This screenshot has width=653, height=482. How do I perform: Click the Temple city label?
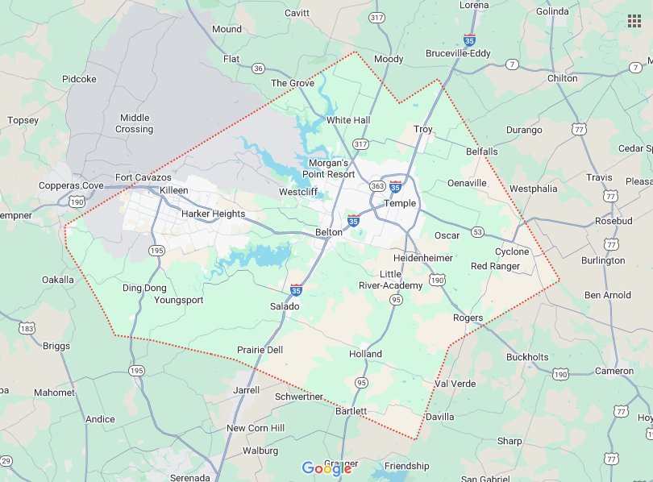coord(400,203)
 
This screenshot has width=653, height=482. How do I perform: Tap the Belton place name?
coord(328,232)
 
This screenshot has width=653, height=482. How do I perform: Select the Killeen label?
coord(174,189)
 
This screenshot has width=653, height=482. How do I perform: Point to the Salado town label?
coord(285,306)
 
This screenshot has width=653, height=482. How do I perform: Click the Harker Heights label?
coord(213,214)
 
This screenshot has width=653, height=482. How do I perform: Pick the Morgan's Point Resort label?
coord(328,168)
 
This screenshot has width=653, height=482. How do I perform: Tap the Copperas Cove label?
coord(71,185)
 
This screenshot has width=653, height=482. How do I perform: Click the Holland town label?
coord(365,354)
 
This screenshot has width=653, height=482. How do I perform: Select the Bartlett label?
coord(351,411)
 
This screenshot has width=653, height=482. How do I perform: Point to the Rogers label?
coord(468,318)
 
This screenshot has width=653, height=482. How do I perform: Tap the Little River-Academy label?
coord(391,280)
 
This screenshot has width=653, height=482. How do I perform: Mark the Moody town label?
coord(389,59)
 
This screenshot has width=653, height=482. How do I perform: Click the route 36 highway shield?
coord(258,69)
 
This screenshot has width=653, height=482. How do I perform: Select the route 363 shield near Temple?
coord(376,186)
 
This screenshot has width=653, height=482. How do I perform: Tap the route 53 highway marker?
coord(478,232)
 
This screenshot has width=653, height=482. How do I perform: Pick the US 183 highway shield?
coord(28,328)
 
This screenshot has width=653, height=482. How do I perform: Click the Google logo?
coord(326,468)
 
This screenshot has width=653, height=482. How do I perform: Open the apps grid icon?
coord(634,21)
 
